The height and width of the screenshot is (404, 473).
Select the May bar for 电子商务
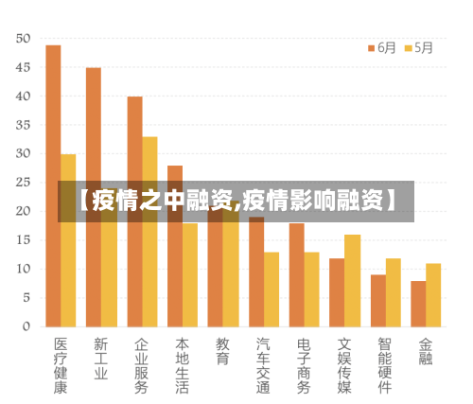pyautogui.click(x=311, y=290)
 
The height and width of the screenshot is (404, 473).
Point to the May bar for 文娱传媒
pyautogui.click(x=352, y=281)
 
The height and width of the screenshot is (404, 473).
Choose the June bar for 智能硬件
pyautogui.click(x=377, y=301)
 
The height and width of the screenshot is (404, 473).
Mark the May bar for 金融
pyautogui.click(x=433, y=295)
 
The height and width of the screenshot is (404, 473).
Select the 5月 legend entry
pyautogui.click(x=418, y=46)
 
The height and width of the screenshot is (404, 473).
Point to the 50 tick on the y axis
pyautogui.click(x=24, y=39)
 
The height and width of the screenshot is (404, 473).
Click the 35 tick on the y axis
pyautogui.click(x=24, y=125)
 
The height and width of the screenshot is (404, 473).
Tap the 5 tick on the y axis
pyautogui.click(x=26, y=297)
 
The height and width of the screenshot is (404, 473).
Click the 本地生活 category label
pyautogui.click(x=182, y=366)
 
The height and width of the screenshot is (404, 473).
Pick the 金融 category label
pyautogui.click(x=426, y=352)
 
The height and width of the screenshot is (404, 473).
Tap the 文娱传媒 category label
pyautogui.click(x=344, y=366)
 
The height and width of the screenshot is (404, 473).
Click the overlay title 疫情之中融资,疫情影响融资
pyautogui.click(x=236, y=201)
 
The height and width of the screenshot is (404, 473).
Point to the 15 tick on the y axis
pyautogui.click(x=24, y=240)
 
